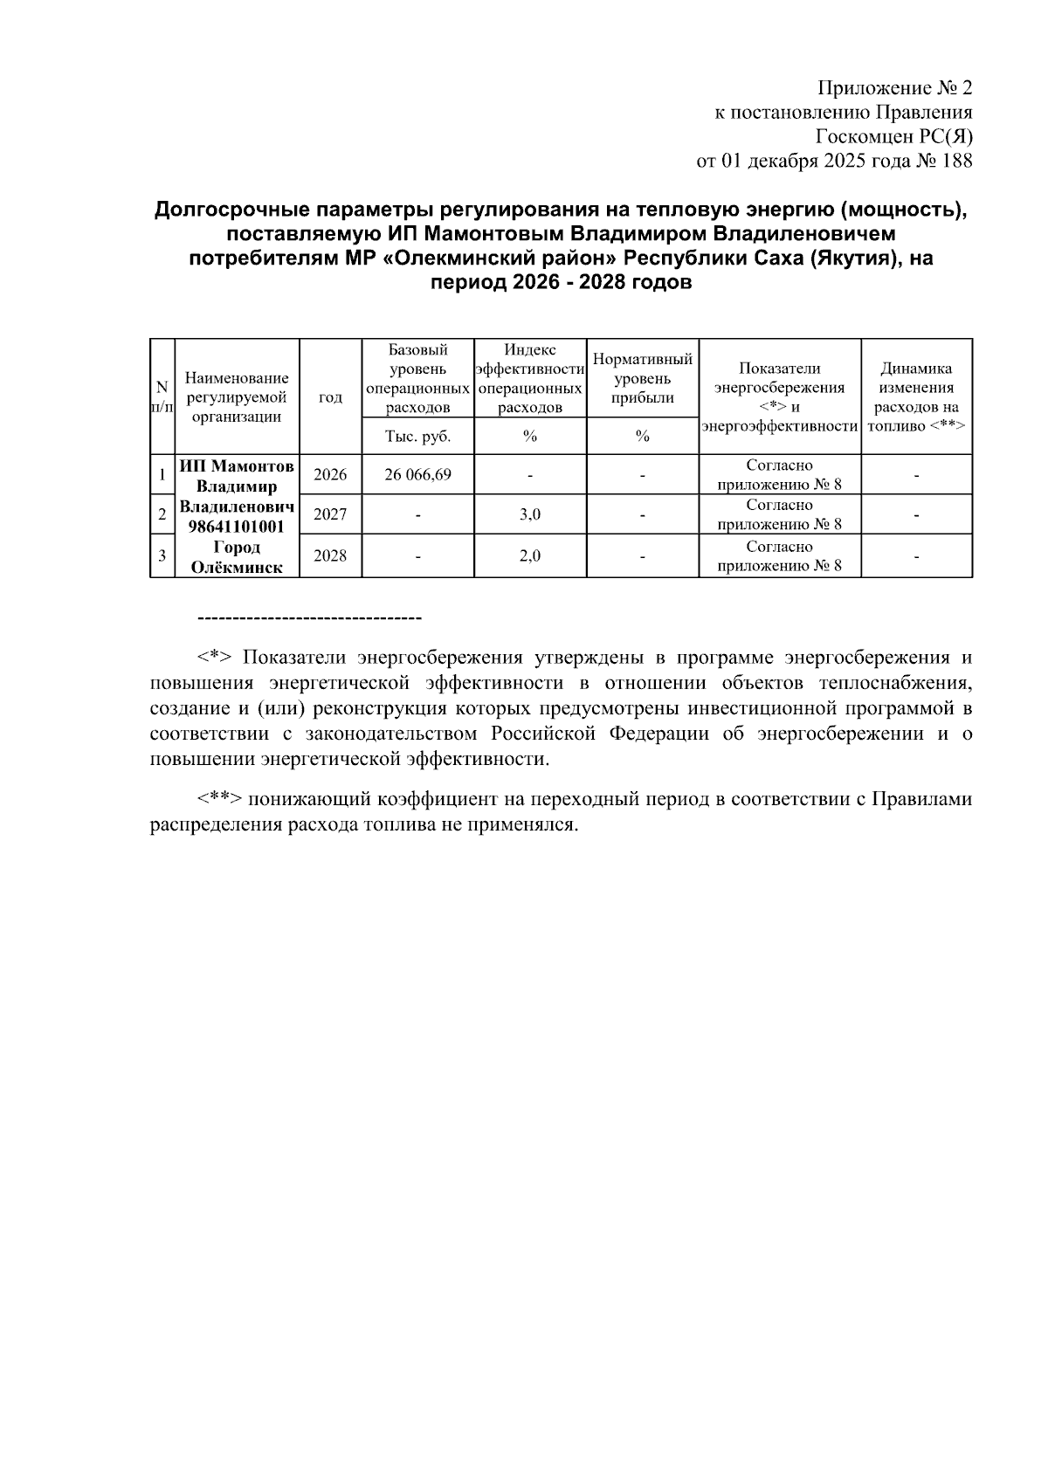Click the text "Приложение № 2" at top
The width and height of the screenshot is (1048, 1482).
893,88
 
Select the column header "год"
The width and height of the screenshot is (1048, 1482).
330,397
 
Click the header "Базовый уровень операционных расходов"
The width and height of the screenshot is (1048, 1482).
417,378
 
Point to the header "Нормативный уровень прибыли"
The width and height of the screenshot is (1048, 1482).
642,378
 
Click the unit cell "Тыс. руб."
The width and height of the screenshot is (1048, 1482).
417,436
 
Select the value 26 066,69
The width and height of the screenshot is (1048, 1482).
417,475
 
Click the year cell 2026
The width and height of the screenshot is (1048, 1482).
330,475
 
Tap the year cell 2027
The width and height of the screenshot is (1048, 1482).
330,514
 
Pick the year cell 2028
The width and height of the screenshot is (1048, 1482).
330,556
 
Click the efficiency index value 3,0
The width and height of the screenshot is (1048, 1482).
529,514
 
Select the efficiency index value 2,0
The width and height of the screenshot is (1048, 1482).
529,556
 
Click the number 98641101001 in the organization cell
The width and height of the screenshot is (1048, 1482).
237,526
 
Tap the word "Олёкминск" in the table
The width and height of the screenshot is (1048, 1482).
237,567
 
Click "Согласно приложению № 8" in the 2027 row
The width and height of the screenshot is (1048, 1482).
779,514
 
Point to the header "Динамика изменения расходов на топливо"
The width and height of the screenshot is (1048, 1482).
916,397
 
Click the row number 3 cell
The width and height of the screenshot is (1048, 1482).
162,556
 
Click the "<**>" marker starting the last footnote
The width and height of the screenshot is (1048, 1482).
219,799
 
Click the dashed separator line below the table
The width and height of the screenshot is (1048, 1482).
310,619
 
